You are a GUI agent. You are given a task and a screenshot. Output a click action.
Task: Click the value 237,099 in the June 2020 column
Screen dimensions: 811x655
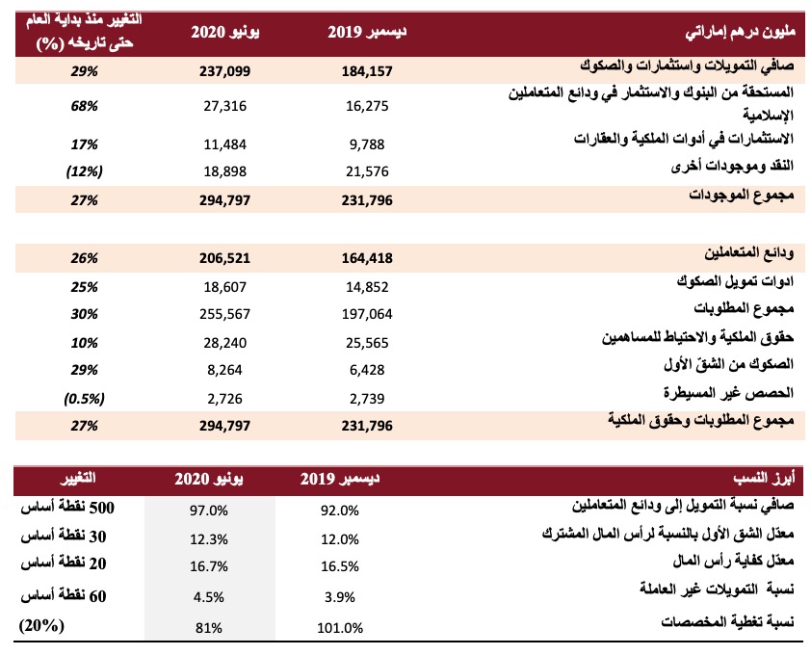tap(224, 71)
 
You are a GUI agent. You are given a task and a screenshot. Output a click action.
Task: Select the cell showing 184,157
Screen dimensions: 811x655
tap(367, 71)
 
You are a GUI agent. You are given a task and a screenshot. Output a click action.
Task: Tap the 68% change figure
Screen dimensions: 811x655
tap(85, 106)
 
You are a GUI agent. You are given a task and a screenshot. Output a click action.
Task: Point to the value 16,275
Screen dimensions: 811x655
tap(367, 106)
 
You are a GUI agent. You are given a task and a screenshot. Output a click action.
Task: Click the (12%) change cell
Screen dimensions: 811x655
tap(85, 171)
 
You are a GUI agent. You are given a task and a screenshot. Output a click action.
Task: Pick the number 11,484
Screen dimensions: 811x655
tap(224, 144)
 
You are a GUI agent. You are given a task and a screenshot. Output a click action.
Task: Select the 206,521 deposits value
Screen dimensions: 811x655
tap(224, 258)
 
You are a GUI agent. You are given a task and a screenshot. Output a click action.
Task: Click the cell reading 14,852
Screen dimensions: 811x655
tap(367, 287)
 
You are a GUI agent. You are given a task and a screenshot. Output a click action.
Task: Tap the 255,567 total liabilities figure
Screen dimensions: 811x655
tap(224, 314)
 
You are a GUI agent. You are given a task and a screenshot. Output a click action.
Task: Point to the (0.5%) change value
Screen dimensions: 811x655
tap(85, 399)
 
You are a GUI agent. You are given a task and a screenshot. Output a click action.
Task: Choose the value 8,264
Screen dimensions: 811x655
tap(224, 370)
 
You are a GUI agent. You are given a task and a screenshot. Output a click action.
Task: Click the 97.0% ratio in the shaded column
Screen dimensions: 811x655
tap(208, 511)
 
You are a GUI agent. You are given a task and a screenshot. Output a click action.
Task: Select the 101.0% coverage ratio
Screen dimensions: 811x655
tap(340, 628)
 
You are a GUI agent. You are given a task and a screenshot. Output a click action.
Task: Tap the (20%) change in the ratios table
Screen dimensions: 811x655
tap(41, 625)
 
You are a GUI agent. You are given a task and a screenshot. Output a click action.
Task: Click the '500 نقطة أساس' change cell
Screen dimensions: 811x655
tap(67, 508)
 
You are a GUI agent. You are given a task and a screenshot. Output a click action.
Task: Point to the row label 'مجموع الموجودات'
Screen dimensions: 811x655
tap(741, 195)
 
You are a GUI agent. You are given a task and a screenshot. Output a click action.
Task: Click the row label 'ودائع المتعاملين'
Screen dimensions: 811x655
tap(748, 253)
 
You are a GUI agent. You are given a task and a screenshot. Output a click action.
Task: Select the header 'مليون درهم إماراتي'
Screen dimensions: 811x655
tap(740, 32)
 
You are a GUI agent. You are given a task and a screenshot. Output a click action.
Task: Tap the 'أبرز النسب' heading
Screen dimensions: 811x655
tap(764, 478)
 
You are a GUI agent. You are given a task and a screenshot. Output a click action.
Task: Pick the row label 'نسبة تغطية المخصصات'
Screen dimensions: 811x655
tap(727, 622)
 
